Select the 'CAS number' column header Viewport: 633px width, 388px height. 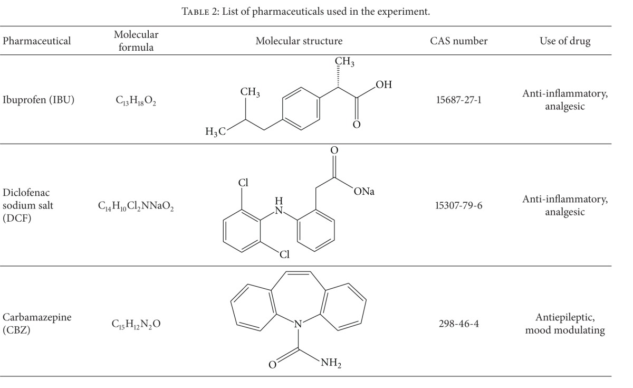(x=458, y=41)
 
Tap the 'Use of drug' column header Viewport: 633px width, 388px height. (x=565, y=41)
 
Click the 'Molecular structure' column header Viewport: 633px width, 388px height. (x=299, y=41)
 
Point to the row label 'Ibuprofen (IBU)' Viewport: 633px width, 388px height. (x=39, y=99)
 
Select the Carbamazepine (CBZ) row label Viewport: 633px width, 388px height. (x=36, y=323)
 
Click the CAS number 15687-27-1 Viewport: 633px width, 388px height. (x=458, y=99)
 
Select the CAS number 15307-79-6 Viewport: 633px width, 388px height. (x=458, y=206)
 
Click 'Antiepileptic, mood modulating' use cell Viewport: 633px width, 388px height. (x=565, y=323)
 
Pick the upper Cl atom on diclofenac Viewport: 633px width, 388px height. (x=243, y=184)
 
